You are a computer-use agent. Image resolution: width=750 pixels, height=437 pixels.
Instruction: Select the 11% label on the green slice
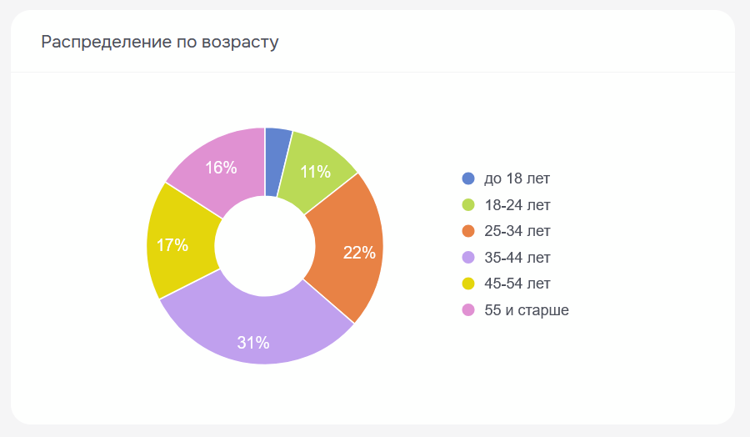click(x=316, y=172)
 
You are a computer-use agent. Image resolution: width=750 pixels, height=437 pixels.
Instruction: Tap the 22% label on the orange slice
click(x=359, y=253)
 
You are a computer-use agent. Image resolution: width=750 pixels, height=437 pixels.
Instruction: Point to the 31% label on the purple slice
click(x=252, y=342)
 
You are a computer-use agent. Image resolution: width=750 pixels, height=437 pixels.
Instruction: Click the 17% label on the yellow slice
click(x=172, y=245)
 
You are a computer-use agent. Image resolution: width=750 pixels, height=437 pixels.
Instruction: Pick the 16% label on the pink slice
click(x=221, y=168)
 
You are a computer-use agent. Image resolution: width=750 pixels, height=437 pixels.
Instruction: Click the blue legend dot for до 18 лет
click(x=468, y=178)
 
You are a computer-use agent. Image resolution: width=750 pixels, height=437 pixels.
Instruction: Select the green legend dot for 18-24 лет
click(x=468, y=204)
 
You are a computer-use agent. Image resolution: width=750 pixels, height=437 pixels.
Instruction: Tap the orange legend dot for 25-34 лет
click(x=468, y=231)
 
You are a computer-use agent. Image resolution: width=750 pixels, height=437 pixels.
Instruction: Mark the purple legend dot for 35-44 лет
click(x=468, y=258)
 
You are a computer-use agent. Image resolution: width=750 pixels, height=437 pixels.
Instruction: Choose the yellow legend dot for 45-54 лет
click(x=468, y=284)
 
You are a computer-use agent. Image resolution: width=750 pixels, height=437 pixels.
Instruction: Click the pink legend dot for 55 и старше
click(x=468, y=310)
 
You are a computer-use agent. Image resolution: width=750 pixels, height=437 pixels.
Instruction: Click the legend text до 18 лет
click(x=517, y=178)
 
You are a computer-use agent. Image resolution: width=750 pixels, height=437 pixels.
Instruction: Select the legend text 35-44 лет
click(x=517, y=258)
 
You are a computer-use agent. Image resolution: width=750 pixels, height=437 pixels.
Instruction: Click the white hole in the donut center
click(x=265, y=246)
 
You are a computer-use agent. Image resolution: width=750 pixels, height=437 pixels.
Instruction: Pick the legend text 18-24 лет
click(x=517, y=204)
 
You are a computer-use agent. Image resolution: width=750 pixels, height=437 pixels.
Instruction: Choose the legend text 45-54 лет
click(x=517, y=284)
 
